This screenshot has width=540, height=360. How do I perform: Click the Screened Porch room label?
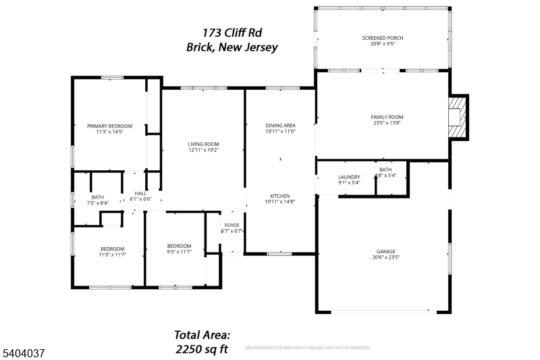(x=383, y=38)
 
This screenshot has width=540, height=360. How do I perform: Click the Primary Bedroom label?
(x=109, y=126)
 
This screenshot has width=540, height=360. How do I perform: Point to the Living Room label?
(x=203, y=144)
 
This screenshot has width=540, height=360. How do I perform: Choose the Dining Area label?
(x=280, y=125)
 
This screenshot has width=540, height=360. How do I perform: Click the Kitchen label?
(x=280, y=196)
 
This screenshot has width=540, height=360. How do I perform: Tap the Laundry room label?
(x=349, y=176)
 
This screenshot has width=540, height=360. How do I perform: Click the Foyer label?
(x=232, y=225)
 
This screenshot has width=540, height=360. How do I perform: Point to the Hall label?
(x=140, y=193)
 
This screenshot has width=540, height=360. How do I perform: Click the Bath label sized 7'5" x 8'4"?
(x=98, y=197)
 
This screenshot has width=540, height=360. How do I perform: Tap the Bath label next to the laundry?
(x=385, y=170)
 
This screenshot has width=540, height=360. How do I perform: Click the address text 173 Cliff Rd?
(x=232, y=32)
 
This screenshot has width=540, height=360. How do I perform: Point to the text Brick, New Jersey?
(x=232, y=47)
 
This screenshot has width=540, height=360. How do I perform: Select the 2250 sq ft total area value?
(x=201, y=349)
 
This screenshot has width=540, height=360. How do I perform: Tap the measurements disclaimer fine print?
(x=307, y=348)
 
